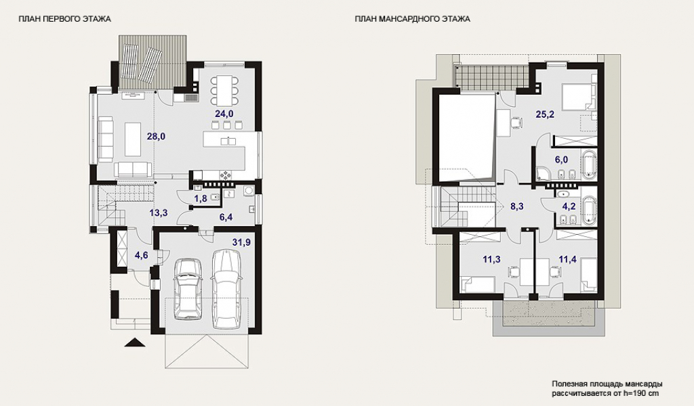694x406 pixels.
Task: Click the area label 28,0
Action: point(157,137)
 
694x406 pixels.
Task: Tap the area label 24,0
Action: point(224,114)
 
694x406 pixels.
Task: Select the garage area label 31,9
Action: point(241,242)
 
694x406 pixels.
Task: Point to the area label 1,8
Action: point(201,198)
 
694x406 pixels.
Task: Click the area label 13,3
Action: point(158,213)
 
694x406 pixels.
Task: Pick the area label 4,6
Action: point(141,255)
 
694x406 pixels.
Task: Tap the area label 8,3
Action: point(517,206)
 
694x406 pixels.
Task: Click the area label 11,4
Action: point(567,259)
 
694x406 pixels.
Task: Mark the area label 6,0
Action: point(561,160)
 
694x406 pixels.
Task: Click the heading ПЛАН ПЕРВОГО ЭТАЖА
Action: point(64,19)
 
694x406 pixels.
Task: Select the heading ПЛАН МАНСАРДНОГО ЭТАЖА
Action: point(413,19)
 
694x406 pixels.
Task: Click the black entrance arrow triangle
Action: point(135,342)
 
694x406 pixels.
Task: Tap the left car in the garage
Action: point(188,288)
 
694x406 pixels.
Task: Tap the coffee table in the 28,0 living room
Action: point(133,139)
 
